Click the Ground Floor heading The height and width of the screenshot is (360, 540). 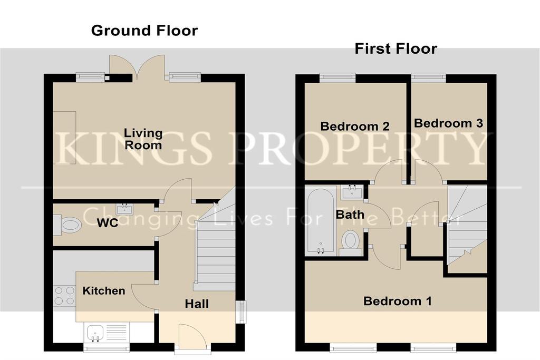pos(144,31)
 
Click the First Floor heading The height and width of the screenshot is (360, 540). pos(396,48)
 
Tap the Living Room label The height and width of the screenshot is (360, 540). pos(143,139)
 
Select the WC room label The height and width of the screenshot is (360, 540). pos(108,222)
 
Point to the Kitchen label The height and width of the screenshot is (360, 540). pos(104,291)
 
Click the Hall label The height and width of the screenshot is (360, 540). pos(197,304)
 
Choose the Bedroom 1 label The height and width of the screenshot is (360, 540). pos(398,301)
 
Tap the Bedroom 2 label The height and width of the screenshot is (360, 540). pos(355,127)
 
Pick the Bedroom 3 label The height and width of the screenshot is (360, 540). pos(448,123)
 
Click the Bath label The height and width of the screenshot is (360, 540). pos(350,215)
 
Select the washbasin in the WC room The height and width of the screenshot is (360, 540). pos(124,209)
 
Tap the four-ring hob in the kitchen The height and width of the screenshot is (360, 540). pos(64,296)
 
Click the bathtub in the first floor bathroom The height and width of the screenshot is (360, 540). pos(321,221)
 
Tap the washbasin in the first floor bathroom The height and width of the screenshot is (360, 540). pos(352,191)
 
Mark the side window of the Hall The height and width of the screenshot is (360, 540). pos(242,312)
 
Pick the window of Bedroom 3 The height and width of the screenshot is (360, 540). pos(429,78)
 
